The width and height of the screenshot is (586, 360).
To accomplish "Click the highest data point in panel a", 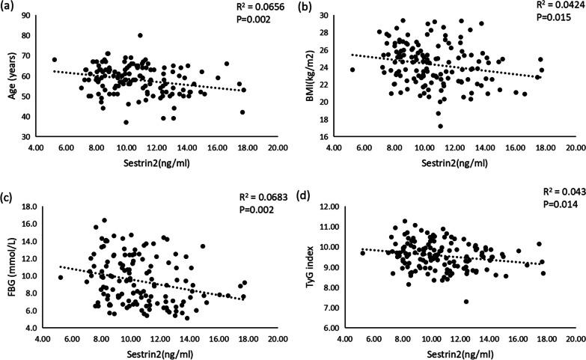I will [140, 35].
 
